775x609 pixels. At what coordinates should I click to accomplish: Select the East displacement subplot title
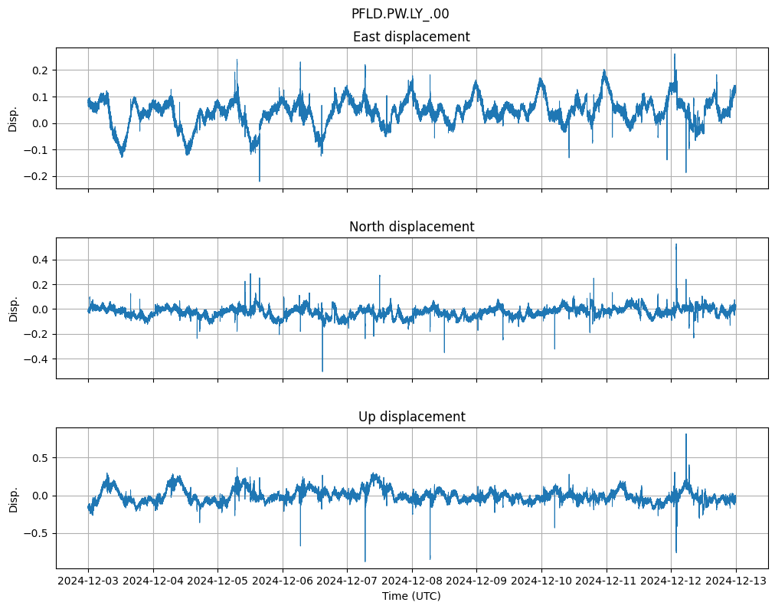coord(411,37)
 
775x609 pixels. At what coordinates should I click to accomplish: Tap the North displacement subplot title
coord(411,227)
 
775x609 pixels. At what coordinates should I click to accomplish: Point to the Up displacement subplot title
coord(411,417)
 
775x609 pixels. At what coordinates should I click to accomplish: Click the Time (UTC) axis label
coord(411,596)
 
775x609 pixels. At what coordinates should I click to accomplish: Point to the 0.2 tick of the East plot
coord(38,70)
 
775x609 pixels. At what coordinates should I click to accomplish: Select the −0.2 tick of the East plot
coord(35,176)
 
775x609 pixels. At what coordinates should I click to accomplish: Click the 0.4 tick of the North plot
coord(38,260)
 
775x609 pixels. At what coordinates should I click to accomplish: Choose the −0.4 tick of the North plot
coord(35,359)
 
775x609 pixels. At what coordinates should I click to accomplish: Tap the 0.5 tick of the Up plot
coord(38,458)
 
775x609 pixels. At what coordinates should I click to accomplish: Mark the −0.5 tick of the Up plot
coord(35,534)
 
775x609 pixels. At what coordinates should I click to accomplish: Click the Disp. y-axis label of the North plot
coord(13,308)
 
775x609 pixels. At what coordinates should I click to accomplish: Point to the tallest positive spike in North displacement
coord(675,244)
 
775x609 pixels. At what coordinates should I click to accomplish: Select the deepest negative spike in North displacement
coord(322,371)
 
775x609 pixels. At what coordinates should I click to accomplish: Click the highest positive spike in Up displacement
coord(685,435)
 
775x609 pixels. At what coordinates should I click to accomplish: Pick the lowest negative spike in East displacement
coord(260,181)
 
